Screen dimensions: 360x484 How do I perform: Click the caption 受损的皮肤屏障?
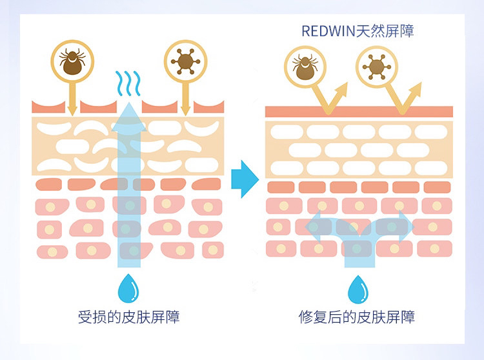128,317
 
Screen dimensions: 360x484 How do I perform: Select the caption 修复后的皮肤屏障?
356,317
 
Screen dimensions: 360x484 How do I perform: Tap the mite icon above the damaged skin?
72,61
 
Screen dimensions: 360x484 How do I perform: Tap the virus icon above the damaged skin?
185,61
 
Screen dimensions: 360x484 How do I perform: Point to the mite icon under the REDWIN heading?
305,66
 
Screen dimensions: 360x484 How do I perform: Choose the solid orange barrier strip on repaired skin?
359,112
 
